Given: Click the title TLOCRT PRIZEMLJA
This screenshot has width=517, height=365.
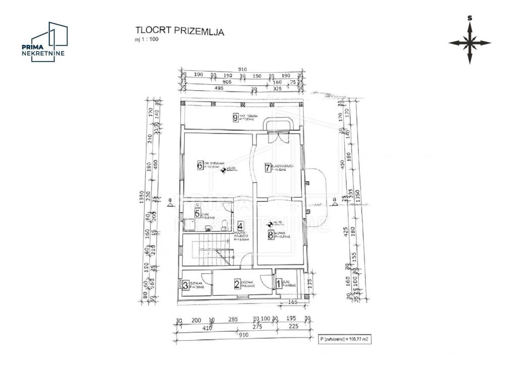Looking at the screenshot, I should (x=179, y=31).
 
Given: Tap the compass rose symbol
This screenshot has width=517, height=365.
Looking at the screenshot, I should (x=470, y=43).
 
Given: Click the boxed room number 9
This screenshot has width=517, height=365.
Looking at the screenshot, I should (x=235, y=118).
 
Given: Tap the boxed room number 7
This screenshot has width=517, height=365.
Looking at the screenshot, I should (x=268, y=168).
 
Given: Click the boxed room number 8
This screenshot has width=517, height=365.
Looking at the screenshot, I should (x=271, y=234).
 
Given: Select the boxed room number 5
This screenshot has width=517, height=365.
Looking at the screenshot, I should (x=197, y=214).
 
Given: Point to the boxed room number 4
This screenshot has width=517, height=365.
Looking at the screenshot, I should (x=240, y=227).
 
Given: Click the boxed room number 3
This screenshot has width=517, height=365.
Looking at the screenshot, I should (x=185, y=286).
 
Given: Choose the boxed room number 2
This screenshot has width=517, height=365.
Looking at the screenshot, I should (x=236, y=284).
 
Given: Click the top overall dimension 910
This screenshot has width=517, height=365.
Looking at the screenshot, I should (x=242, y=70).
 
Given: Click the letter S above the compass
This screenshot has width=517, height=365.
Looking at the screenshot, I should (x=470, y=18).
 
